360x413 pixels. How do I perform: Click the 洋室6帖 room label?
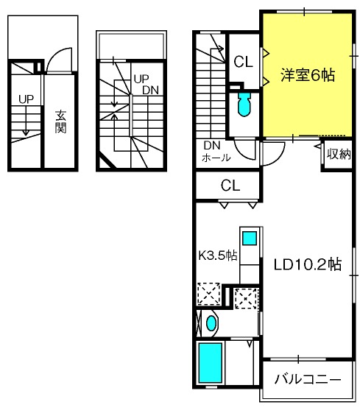tap(308, 75)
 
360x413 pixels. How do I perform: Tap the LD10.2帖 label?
tap(308, 264)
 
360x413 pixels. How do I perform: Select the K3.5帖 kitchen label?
tap(218, 255)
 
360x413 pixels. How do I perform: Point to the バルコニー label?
tap(308, 379)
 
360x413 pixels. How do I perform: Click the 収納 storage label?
tap(339, 154)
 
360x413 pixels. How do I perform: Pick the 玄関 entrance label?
tap(60, 121)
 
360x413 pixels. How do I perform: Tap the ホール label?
tap(216, 158)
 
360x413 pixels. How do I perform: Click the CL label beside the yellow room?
tap(243, 62)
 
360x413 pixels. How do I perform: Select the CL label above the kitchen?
tap(230, 186)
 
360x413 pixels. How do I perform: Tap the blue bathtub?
tap(210, 362)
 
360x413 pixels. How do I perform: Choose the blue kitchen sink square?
tap(250, 238)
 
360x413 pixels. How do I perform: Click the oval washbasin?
tap(211, 323)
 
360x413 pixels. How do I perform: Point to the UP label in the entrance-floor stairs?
tap(26, 99)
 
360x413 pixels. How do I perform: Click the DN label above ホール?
tap(212, 146)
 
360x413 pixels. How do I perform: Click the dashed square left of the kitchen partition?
tap(209, 294)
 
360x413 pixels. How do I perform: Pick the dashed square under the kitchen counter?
tap(246, 298)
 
